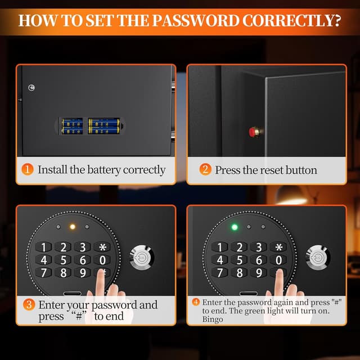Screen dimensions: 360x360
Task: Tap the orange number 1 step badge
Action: [28, 169]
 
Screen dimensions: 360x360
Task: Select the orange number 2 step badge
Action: [205, 169]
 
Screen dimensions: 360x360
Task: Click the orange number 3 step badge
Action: [28, 305]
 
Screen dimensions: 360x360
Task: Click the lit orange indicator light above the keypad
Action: [71, 227]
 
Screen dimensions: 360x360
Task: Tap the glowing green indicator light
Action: [235, 227]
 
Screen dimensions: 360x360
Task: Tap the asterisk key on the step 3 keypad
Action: [102, 247]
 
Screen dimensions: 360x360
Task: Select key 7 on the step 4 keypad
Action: [220, 273]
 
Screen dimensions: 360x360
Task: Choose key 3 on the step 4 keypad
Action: [258, 247]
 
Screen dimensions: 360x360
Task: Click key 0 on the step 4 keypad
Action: [278, 260]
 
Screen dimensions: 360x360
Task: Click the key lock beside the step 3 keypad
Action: [141, 258]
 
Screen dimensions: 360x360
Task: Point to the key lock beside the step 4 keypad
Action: [317, 258]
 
